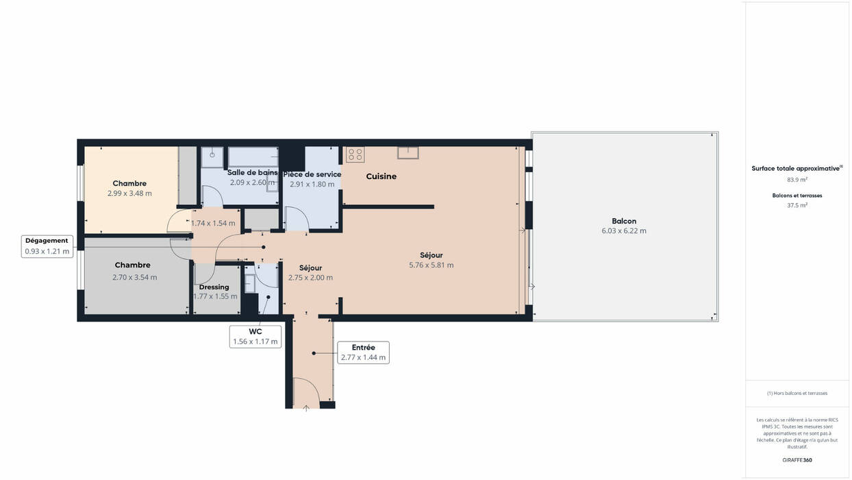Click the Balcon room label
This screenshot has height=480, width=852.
point(624,221)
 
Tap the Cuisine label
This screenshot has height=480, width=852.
point(381,176)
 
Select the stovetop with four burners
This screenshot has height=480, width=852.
point(355,155)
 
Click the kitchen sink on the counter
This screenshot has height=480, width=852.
point(408,153)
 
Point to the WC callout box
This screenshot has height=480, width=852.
point(255,337)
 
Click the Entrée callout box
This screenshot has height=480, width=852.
point(363,352)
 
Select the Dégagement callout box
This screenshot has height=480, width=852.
point(47,246)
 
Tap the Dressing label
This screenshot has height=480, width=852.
point(214,287)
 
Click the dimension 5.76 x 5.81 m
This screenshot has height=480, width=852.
point(431,265)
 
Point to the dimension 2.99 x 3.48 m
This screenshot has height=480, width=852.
point(129,193)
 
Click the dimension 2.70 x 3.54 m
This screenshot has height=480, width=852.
point(135,277)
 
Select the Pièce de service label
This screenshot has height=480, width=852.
point(312,174)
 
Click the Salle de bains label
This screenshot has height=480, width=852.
point(252,173)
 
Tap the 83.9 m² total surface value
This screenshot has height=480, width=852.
point(797,180)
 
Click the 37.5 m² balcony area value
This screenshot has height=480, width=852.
point(797,205)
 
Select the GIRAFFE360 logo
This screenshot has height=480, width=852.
point(797,460)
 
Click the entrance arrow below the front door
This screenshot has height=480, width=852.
point(306,409)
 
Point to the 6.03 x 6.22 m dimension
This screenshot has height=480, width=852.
point(624,231)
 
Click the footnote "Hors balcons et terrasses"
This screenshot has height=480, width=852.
point(797,393)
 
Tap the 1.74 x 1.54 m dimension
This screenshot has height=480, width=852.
point(213,224)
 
